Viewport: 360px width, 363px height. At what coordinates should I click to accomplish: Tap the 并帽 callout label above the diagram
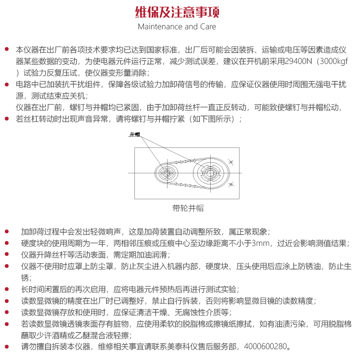[134, 134]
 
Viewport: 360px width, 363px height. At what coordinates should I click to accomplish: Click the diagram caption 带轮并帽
[188, 208]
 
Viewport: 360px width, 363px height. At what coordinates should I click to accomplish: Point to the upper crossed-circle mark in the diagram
[230, 161]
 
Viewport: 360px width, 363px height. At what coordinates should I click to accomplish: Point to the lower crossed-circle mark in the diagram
[230, 184]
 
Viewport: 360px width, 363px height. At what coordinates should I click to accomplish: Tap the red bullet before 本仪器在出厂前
[6, 50]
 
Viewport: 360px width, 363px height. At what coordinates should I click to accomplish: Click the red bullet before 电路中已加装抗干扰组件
[6, 85]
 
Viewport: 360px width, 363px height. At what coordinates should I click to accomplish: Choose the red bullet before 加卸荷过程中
[6, 231]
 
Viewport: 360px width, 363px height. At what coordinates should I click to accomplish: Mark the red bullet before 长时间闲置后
[6, 290]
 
